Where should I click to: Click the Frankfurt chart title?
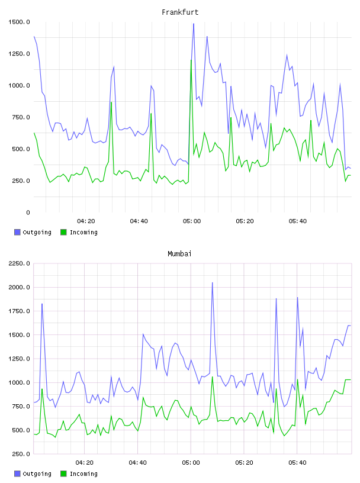pos(180,12)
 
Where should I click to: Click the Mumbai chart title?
pos(179,254)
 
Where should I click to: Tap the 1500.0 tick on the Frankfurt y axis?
pos(19,22)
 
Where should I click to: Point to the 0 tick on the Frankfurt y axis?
pos(28,212)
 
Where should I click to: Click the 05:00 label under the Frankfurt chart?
pos(192,221)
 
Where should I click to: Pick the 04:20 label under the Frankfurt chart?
pos(86,221)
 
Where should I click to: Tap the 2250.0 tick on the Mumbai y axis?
pos(19,263)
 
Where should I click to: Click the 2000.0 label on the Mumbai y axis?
pos(19,288)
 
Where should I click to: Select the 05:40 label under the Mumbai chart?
pos(297,463)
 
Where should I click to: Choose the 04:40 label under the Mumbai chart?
pos(138,463)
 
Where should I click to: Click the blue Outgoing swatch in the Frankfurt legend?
pos(17,232)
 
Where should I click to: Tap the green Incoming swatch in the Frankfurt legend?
pos(63,232)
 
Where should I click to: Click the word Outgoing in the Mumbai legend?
pos(37,474)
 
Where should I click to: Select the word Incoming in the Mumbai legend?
pos(83,474)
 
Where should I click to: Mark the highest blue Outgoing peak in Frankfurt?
pos(194,24)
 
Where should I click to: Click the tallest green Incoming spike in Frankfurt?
pos(191,60)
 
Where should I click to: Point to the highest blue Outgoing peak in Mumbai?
pos(213,283)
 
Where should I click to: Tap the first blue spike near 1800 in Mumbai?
pos(42,304)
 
